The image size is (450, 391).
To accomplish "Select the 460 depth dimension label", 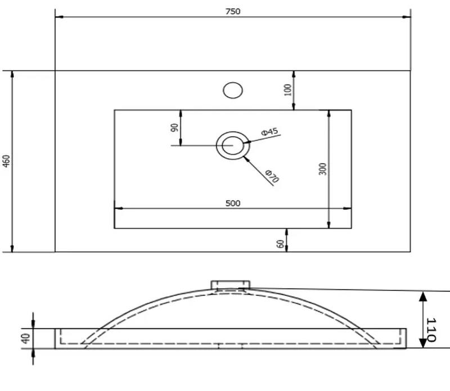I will coord(6,161).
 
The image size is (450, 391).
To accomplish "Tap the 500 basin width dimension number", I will coord(233,204).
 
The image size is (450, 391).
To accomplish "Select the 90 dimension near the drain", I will coord(174,128).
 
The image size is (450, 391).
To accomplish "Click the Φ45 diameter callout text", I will coord(270,132).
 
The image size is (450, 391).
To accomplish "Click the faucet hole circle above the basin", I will coord(232,90).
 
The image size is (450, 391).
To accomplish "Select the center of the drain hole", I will coord(231,146).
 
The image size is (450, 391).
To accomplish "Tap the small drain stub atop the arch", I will coord(230,285).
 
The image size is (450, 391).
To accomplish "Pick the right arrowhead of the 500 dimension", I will coord(348,209).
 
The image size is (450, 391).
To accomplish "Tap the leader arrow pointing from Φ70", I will coord(246,157).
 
